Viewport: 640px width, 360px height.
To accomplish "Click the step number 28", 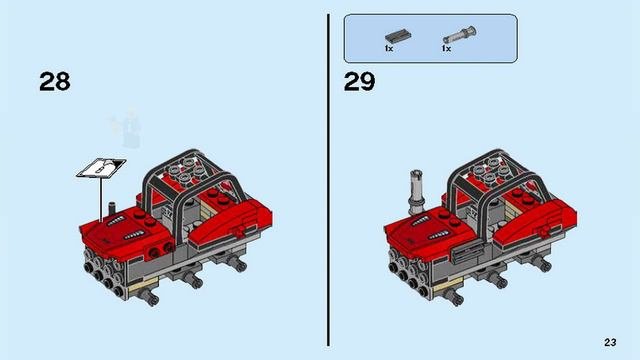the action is pos(55,82).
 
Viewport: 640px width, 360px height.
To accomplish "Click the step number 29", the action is pos(359,82).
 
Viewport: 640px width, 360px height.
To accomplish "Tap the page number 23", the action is pos(610,342).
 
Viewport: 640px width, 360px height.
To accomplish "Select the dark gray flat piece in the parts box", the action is pos(398,36).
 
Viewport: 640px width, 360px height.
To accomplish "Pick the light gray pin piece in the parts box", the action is pos(460,35).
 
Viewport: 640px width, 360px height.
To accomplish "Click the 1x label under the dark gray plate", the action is pos(389,49).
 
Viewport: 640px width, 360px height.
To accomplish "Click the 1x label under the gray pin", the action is pos(446,49).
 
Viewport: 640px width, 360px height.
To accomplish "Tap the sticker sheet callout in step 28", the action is pos(101,168).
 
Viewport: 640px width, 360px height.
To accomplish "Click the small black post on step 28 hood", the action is pos(112,209).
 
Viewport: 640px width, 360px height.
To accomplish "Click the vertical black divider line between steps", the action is pos(328,180).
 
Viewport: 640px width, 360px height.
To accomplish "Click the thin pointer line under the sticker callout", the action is pos(100,200).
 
